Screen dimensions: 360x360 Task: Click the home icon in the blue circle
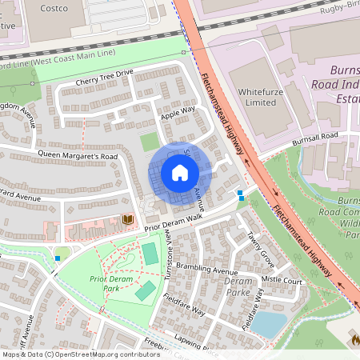(x=180, y=173)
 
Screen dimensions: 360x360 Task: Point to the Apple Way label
(x=178, y=113)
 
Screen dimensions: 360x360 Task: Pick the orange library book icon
(x=126, y=219)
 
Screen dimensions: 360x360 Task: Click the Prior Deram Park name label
(x=109, y=283)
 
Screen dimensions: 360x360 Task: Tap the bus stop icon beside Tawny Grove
(x=239, y=194)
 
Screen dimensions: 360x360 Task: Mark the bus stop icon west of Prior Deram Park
(x=58, y=258)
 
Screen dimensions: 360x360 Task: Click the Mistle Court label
(x=282, y=281)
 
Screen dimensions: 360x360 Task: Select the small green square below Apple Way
(x=150, y=142)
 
